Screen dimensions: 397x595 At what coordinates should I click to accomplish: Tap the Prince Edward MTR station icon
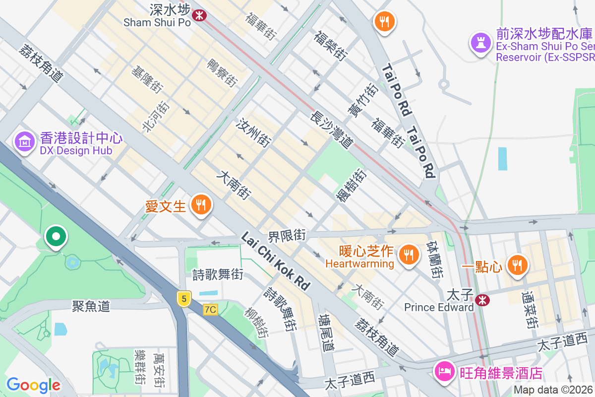point(481,300)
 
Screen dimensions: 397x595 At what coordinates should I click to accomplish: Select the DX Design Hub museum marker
point(24,142)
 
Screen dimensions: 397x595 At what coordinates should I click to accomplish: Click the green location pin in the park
point(56,236)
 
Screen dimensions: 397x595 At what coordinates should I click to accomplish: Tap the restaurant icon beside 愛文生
point(201,204)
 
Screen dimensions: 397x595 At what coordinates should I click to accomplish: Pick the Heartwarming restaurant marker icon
point(409,255)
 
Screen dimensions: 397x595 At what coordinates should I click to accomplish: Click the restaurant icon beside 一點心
point(517,265)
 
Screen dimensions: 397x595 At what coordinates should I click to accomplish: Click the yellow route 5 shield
point(184,298)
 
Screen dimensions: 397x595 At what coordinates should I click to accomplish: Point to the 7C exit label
point(210,310)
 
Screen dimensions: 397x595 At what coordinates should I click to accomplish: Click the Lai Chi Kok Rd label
point(276,261)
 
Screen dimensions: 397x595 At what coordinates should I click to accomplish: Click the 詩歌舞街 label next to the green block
point(218,273)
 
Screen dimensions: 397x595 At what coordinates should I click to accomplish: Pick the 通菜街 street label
point(529,310)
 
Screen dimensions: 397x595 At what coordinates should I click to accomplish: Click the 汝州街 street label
point(254,132)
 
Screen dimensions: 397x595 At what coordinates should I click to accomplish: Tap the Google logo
point(33,385)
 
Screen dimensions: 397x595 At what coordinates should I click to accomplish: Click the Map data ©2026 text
point(553,390)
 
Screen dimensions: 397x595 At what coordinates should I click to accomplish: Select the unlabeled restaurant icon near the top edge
point(384,22)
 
